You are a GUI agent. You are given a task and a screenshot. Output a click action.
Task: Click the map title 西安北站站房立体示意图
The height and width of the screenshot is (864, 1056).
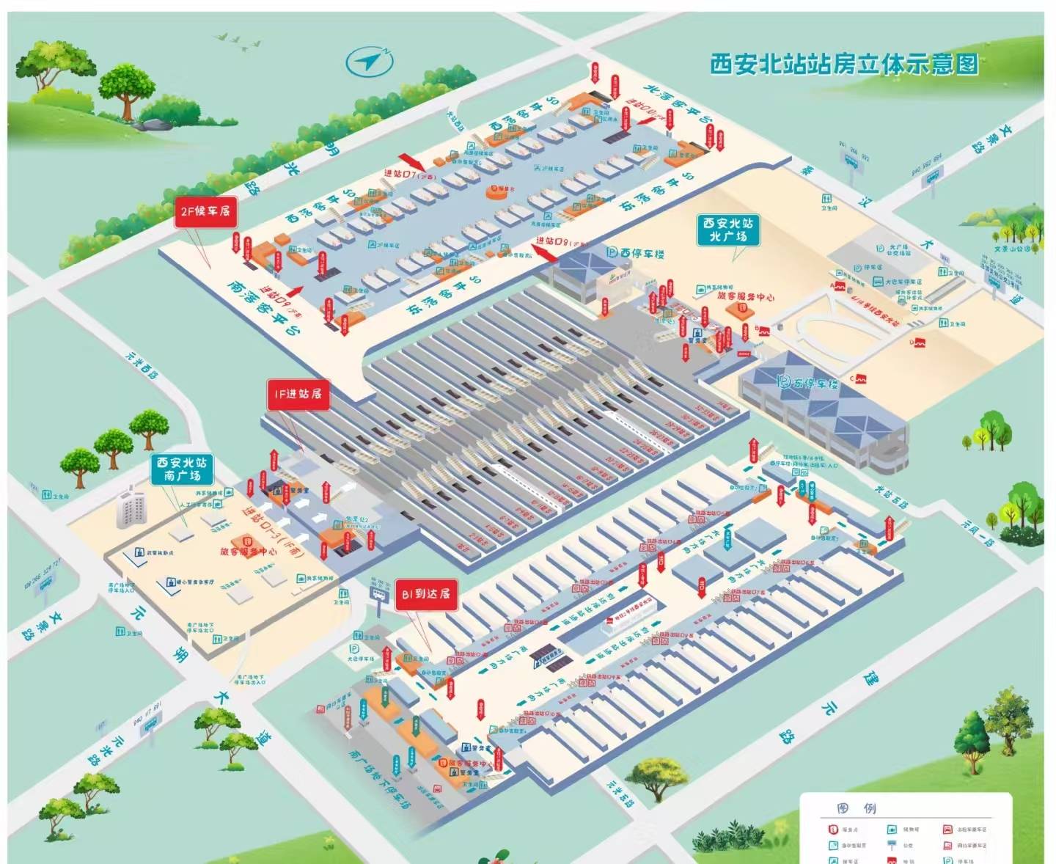tap(844, 65)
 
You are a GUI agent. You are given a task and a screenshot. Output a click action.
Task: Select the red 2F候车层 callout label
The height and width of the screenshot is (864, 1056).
tap(205, 211)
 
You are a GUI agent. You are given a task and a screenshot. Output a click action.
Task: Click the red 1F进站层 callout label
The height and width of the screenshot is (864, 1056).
tap(298, 395)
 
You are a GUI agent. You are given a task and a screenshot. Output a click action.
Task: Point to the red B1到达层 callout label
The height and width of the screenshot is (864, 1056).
tap(426, 594)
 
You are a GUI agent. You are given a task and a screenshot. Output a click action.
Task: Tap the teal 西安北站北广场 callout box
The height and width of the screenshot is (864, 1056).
tap(727, 230)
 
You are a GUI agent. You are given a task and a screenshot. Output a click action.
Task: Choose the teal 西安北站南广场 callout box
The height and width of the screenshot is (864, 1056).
tap(181, 469)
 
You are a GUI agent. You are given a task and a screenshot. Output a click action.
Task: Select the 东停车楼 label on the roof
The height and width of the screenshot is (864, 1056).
tap(807, 383)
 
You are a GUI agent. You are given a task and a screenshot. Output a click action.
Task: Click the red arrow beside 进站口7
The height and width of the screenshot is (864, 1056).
tap(411, 161)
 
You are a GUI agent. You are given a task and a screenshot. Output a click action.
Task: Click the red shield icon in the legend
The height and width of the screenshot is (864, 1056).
tap(832, 830)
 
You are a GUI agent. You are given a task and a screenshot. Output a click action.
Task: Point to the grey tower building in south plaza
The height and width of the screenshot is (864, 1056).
tap(131, 506)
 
